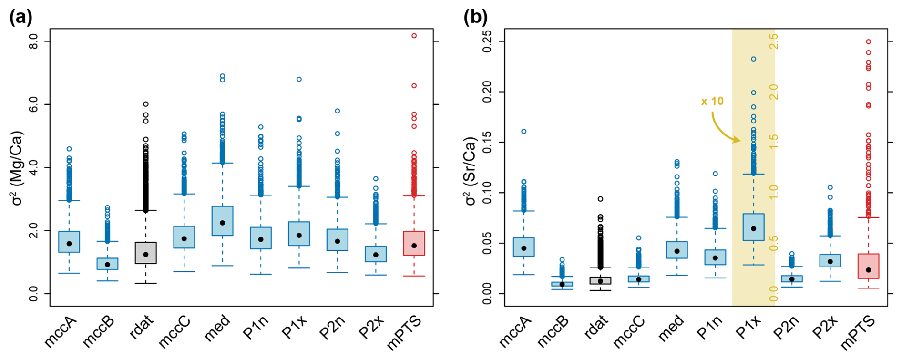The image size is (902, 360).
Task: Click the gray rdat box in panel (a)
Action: coord(145,253)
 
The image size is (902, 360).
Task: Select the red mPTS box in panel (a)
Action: coord(414,244)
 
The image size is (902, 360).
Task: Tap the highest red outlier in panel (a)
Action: coord(414,36)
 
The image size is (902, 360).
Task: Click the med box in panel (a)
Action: coord(222,221)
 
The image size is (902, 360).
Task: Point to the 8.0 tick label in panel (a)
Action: coord(33,41)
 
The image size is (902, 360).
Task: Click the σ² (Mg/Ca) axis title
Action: coord(17,168)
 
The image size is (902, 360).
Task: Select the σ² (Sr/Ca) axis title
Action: coord(471,171)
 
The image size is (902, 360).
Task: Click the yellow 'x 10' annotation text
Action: coord(712,101)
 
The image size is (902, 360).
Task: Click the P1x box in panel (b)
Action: coord(753,227)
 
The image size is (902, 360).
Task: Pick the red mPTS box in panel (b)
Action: coord(868,266)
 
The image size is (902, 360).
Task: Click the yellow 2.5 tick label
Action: coord(774,41)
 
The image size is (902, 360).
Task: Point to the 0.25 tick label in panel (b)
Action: coord(487,41)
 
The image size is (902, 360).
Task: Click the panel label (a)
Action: coord(21,18)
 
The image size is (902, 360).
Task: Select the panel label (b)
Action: coord(475,18)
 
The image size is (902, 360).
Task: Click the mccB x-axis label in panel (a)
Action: coord(98,330)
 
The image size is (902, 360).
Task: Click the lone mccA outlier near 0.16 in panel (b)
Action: coord(523,132)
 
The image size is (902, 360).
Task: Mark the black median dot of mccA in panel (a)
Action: coord(69,244)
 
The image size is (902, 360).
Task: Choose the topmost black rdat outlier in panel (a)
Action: coord(146,104)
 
